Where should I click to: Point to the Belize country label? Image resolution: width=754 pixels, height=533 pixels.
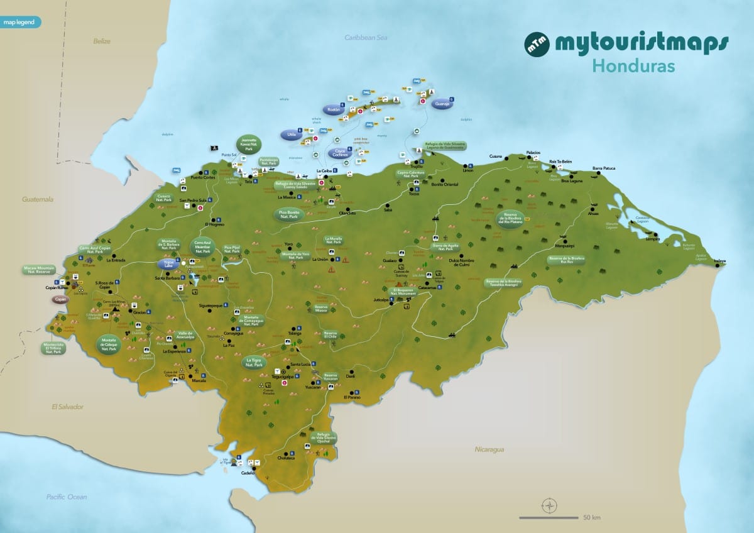pyautogui.click(x=102, y=41)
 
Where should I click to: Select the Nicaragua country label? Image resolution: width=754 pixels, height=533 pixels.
pyautogui.click(x=489, y=449)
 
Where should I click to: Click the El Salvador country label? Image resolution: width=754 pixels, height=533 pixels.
pyautogui.click(x=67, y=407)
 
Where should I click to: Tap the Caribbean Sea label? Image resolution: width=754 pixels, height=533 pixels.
pyautogui.click(x=366, y=38)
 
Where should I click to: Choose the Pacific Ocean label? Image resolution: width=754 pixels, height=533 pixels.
pyautogui.click(x=67, y=497)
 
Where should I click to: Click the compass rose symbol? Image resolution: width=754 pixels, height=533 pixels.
pyautogui.click(x=549, y=504)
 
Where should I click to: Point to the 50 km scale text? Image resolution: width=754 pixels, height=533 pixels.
pyautogui.click(x=591, y=518)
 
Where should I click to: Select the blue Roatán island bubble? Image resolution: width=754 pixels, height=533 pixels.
pyautogui.click(x=333, y=109)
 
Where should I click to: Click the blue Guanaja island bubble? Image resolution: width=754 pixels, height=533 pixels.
pyautogui.click(x=442, y=104)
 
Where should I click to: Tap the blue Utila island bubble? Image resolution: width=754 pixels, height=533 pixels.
pyautogui.click(x=291, y=135)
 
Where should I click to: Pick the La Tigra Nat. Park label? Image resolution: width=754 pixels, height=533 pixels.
pyautogui.click(x=254, y=362)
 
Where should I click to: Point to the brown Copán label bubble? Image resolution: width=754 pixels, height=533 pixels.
pyautogui.click(x=61, y=300)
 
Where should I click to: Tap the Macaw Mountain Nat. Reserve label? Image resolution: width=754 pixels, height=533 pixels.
pyautogui.click(x=40, y=270)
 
